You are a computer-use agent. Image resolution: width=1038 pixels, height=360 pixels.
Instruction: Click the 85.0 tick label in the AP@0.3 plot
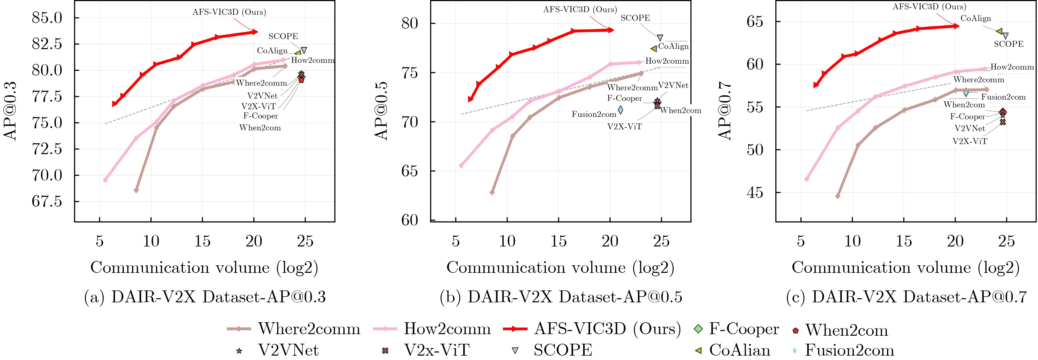[47, 18]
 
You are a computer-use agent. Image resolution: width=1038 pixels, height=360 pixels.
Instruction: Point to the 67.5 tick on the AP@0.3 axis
[47, 201]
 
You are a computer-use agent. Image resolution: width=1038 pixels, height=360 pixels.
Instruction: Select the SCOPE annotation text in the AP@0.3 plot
[283, 36]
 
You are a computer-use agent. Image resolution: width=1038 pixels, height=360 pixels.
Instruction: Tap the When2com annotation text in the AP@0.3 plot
[260, 128]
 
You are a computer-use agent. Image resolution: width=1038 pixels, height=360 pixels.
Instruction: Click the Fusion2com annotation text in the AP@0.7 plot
[1003, 97]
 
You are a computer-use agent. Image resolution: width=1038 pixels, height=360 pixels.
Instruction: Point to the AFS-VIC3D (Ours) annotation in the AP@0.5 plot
[580, 10]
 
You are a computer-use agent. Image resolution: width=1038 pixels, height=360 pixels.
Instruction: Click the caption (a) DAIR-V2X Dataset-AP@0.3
[205, 297]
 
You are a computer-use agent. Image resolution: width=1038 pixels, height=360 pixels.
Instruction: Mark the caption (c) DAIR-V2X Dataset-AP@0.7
[906, 297]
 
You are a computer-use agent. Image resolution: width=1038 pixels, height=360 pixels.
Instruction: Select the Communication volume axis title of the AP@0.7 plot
[905, 268]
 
